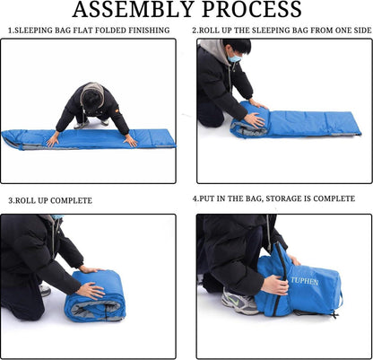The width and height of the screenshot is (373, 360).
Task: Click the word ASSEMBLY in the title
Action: pyautogui.click(x=133, y=9)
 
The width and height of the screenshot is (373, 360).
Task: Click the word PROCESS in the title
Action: pyautogui.click(x=252, y=9)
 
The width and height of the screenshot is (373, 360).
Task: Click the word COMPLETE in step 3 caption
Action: pyautogui.click(x=71, y=200)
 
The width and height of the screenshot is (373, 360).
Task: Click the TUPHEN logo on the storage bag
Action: pyautogui.click(x=304, y=281)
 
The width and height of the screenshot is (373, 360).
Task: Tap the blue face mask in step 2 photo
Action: pyautogui.click(x=234, y=58)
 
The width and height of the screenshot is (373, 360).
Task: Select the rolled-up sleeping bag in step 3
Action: pyautogui.click(x=94, y=295)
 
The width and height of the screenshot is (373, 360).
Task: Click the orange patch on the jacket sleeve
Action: pyautogui.click(x=117, y=110)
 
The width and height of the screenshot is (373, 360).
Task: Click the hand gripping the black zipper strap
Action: pyautogui.click(x=274, y=285)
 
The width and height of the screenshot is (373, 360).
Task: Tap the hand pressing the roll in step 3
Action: pyautogui.click(x=91, y=290)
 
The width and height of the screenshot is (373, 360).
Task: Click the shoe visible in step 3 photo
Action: pyautogui.click(x=45, y=290)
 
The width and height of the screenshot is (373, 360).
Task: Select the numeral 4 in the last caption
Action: pyautogui.click(x=195, y=198)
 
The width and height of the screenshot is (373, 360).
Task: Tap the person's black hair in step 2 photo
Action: pyautogui.click(x=238, y=47)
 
